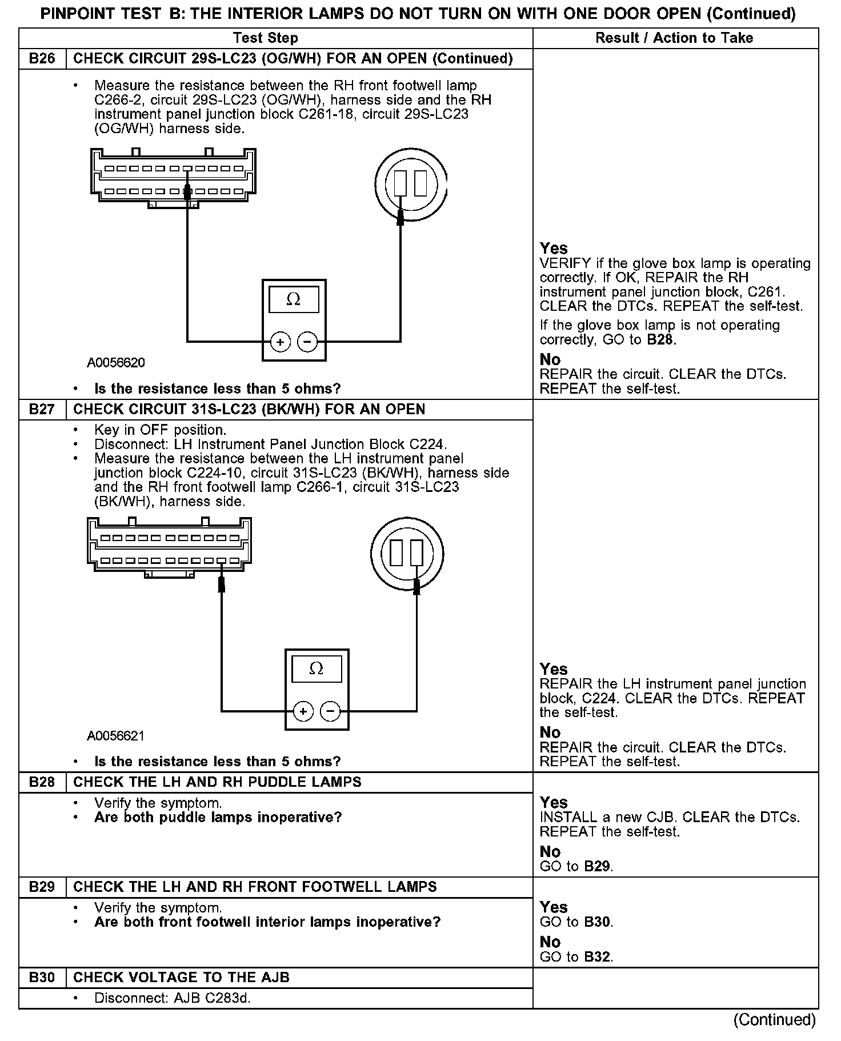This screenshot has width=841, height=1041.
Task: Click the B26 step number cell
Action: [x=42, y=59]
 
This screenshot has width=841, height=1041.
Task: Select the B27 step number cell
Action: [x=42, y=410]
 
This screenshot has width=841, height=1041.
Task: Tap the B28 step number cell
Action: [x=42, y=782]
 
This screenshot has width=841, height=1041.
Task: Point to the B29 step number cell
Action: [x=42, y=887]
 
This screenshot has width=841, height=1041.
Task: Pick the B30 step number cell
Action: [x=42, y=977]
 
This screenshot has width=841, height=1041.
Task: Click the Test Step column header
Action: [x=266, y=38]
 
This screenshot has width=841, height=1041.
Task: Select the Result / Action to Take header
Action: [x=674, y=38]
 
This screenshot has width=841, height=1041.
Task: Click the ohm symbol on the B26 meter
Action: [x=293, y=299]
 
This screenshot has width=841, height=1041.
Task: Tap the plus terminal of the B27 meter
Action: [x=303, y=711]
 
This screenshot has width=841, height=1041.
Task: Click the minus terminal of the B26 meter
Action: [x=307, y=342]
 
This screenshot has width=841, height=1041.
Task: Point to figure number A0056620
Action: [x=116, y=363]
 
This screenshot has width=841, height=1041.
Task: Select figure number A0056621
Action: [x=116, y=736]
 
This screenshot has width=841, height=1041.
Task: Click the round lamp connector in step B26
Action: [x=410, y=184]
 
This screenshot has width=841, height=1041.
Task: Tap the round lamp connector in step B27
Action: [x=407, y=552]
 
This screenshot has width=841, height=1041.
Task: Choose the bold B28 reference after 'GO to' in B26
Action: [x=661, y=340]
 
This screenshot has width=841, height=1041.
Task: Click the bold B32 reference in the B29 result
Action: [x=598, y=956]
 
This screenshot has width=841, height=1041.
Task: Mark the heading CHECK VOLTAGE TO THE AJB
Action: [x=181, y=977]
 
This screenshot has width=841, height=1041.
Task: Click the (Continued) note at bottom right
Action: [x=774, y=1020]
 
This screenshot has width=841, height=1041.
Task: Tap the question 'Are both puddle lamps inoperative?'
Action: [x=218, y=818]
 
